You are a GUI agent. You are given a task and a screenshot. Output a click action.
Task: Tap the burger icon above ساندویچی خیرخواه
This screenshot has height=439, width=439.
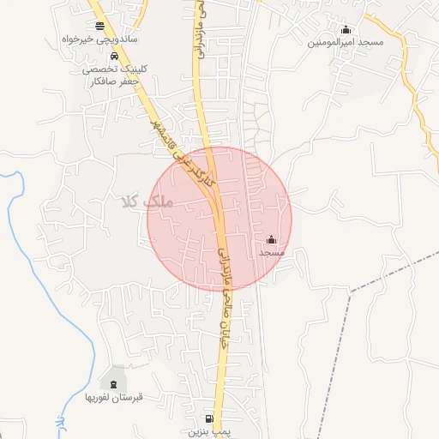pos(100,26)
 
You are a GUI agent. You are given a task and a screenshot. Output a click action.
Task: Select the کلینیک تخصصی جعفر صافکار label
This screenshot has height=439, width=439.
pos(111,77)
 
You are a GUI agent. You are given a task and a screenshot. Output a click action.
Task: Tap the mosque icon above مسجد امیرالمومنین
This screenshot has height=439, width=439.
pos(346,29)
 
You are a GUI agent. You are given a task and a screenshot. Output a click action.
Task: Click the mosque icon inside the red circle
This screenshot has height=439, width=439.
pos(272,239)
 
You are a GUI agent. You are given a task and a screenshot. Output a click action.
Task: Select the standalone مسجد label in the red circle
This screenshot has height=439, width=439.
pos(272,253)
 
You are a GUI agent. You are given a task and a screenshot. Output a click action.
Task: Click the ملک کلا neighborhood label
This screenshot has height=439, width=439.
pos(147,202)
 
